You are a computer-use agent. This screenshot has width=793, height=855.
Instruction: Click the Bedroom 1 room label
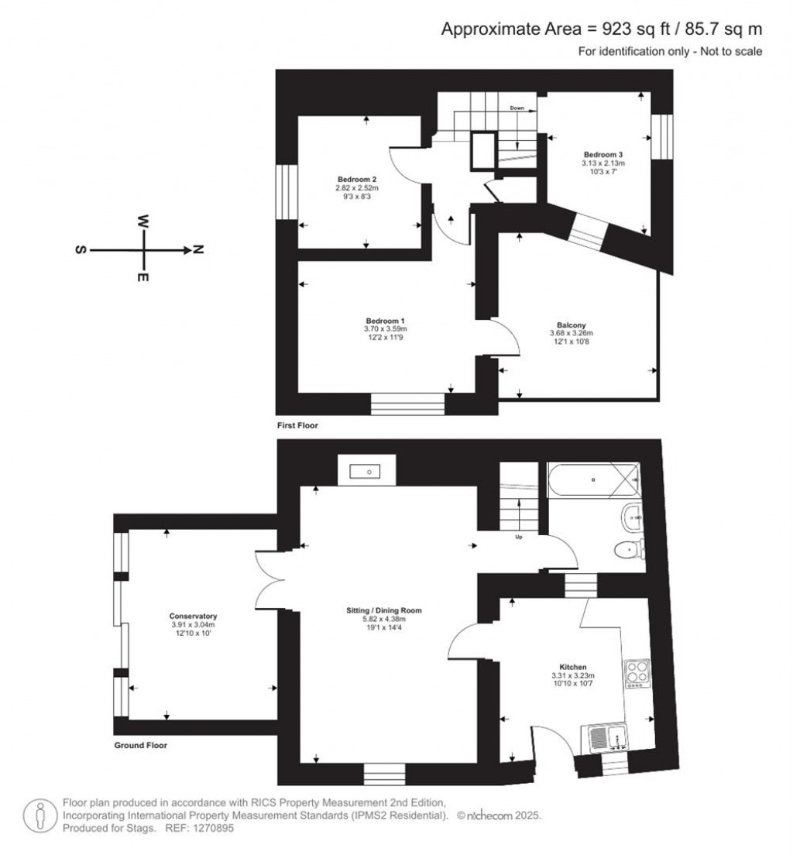(385, 321)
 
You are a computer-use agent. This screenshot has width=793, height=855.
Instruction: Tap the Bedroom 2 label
(357, 180)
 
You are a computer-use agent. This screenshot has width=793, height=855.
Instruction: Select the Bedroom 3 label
(602, 154)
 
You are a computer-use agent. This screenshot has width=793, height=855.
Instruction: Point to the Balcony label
(571, 325)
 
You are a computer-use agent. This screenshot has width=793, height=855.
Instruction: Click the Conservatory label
(193, 616)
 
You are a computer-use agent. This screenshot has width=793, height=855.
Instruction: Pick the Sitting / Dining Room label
(384, 610)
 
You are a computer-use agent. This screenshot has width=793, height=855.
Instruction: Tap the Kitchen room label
(572, 667)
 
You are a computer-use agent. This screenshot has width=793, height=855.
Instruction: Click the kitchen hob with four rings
(637, 674)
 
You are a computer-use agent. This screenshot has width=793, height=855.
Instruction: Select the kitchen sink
(605, 738)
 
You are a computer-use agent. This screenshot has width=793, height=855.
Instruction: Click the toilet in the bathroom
(629, 550)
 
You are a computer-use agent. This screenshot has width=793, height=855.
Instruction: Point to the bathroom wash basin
(632, 515)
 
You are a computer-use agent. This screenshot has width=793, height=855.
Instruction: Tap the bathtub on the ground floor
(593, 479)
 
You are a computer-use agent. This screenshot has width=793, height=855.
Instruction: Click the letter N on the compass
(198, 249)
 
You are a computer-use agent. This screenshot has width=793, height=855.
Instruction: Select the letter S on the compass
(81, 249)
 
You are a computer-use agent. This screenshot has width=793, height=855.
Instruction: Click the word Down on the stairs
(517, 108)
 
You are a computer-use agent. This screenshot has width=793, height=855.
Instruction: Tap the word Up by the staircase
(519, 537)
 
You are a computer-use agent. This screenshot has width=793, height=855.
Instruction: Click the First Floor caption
(297, 425)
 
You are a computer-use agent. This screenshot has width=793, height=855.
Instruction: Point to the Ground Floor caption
(141, 745)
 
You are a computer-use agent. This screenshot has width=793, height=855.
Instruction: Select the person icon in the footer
(40, 816)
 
